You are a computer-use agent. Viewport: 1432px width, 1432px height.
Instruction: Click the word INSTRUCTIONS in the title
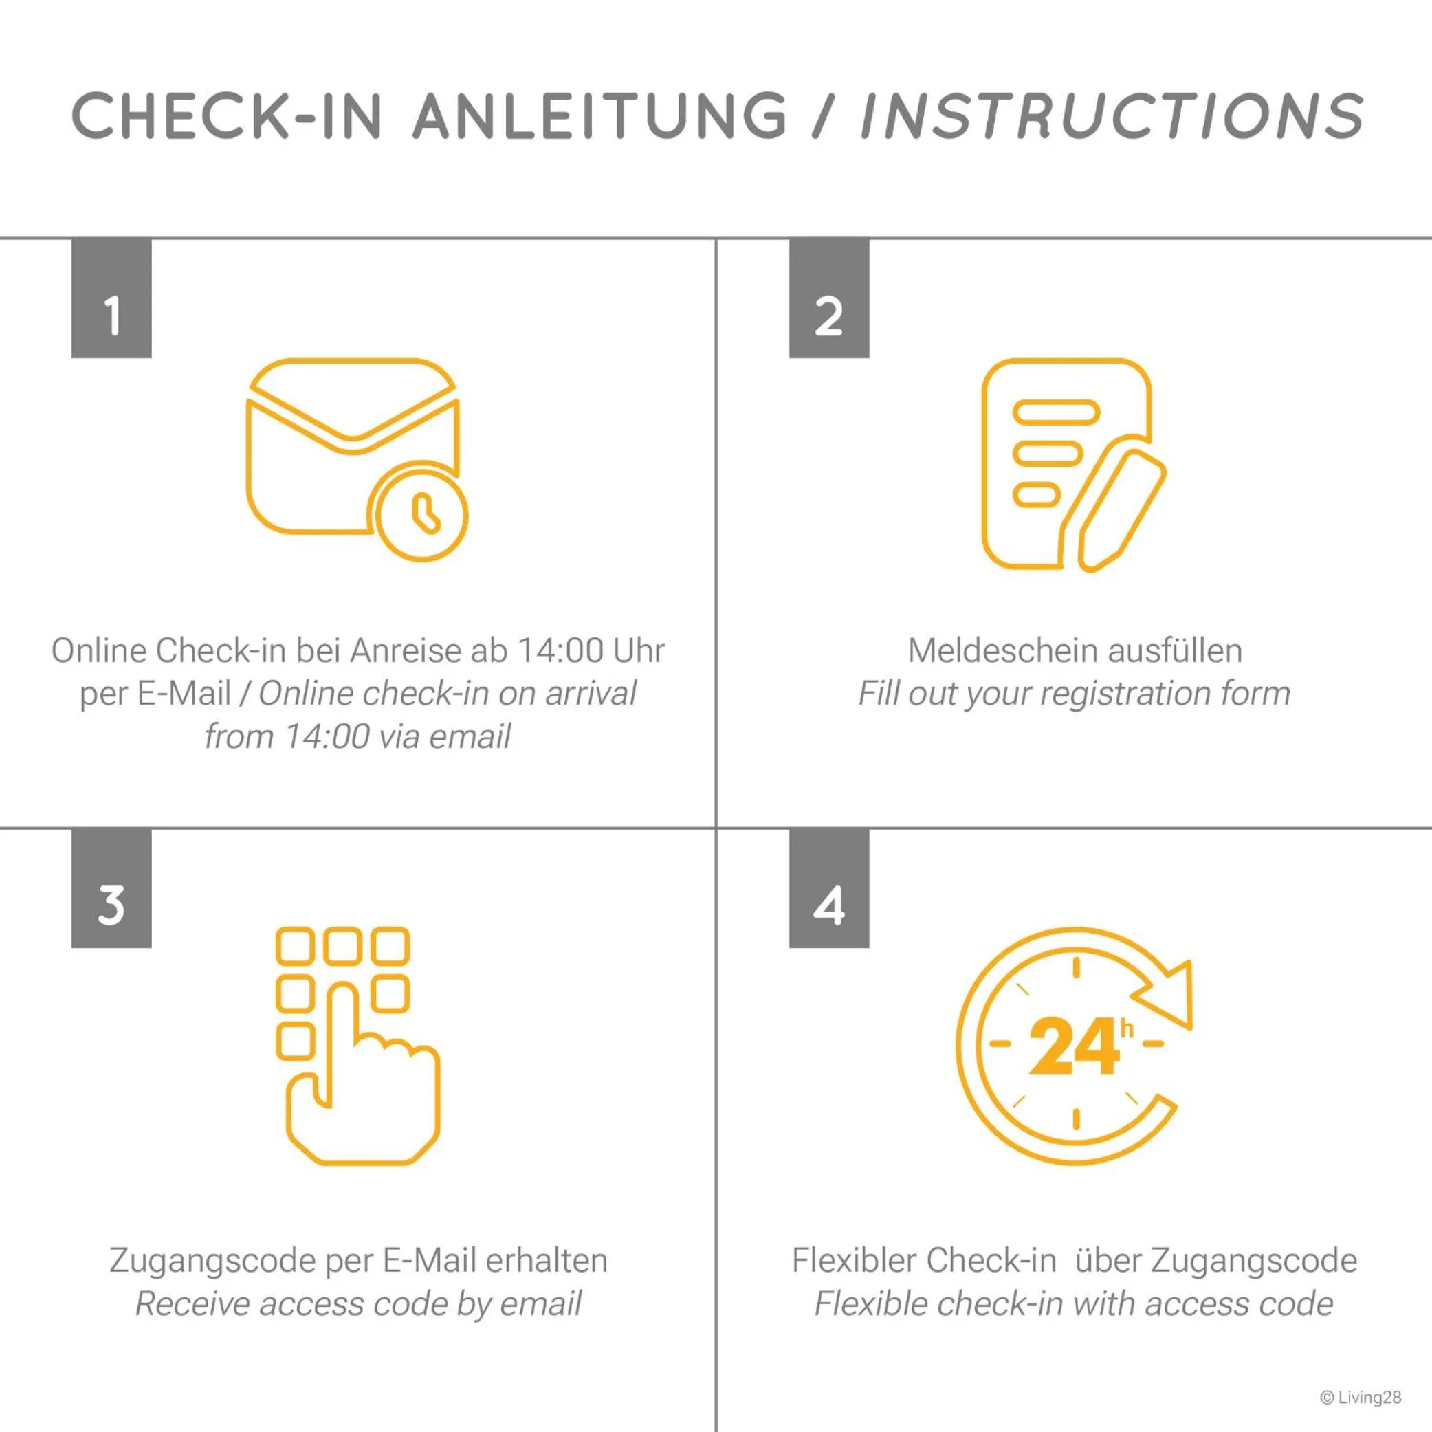(x=1112, y=116)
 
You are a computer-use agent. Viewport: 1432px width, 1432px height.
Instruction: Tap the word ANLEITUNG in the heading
(x=599, y=116)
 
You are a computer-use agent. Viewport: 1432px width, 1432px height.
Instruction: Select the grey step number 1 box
(x=111, y=298)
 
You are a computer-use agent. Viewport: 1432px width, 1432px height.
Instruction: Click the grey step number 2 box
(x=828, y=298)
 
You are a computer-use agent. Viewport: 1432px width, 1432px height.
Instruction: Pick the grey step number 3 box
(x=111, y=888)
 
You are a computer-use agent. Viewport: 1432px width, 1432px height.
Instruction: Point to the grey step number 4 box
(x=828, y=888)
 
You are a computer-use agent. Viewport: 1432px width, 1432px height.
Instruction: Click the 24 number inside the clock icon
(x=1074, y=1046)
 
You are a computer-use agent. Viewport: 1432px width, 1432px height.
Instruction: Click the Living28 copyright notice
(x=1361, y=1397)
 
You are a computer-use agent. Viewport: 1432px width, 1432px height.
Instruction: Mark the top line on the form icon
(x=1055, y=411)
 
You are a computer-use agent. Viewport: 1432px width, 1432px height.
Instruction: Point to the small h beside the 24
(x=1127, y=1028)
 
